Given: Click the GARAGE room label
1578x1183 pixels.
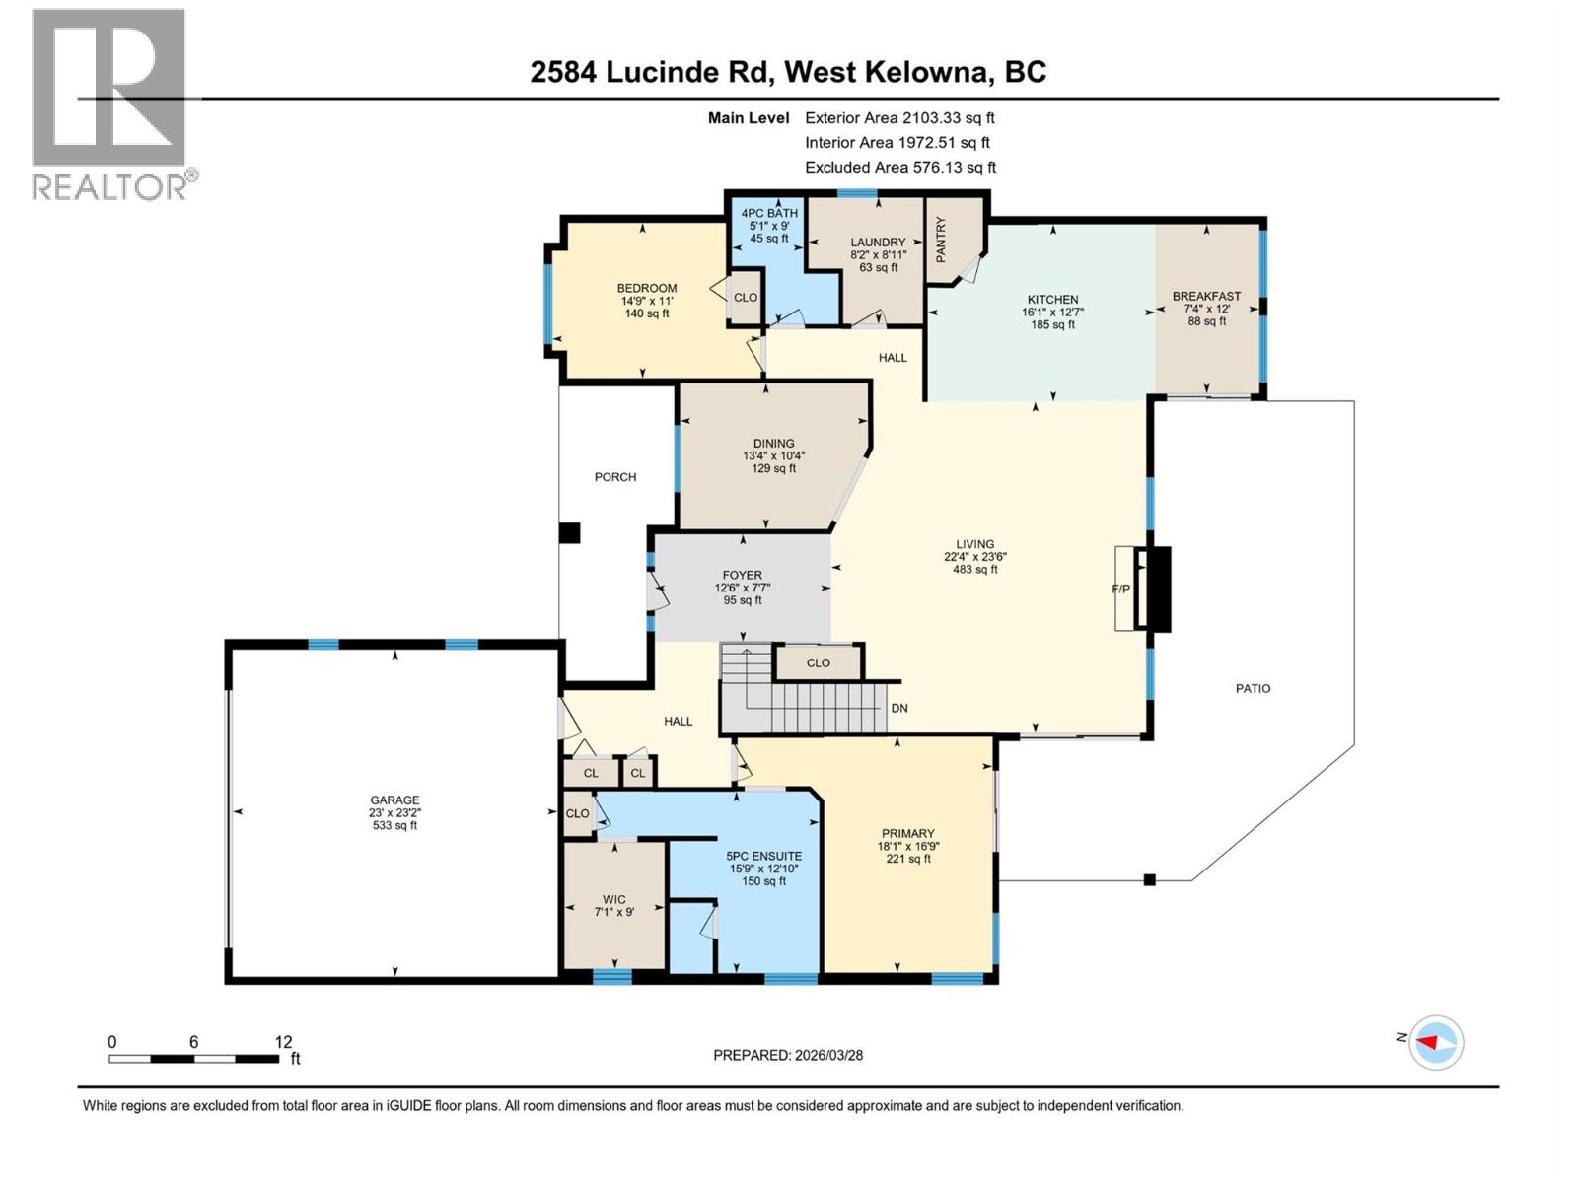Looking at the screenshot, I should (394, 800).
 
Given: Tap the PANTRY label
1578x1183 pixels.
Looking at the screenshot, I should (941, 240).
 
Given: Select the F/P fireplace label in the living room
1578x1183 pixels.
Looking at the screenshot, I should (1120, 590).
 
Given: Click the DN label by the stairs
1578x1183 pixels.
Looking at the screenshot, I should (898, 708).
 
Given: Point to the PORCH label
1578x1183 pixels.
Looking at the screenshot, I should (615, 477).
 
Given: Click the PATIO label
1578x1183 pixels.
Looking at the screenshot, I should (1253, 689).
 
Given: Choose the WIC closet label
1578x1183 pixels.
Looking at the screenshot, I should (613, 899).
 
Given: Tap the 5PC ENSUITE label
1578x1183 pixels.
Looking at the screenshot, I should (763, 856).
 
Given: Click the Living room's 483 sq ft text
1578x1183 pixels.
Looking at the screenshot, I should (974, 569).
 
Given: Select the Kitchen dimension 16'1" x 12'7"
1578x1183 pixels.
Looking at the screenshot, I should (1052, 312).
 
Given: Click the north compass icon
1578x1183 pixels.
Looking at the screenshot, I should (1435, 1042).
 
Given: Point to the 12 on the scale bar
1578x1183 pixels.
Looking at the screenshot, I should (283, 1042).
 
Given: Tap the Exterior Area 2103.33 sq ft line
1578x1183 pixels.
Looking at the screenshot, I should (899, 117).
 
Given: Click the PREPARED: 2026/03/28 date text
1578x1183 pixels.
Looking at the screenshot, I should (788, 1055).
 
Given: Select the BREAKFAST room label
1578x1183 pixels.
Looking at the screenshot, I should (1206, 296).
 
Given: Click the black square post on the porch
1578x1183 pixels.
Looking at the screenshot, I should (569, 533).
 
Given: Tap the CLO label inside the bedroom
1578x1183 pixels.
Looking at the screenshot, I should (746, 298).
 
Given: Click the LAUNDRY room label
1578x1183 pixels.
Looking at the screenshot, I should (878, 243).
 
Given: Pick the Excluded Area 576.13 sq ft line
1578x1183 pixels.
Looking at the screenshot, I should (899, 168).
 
